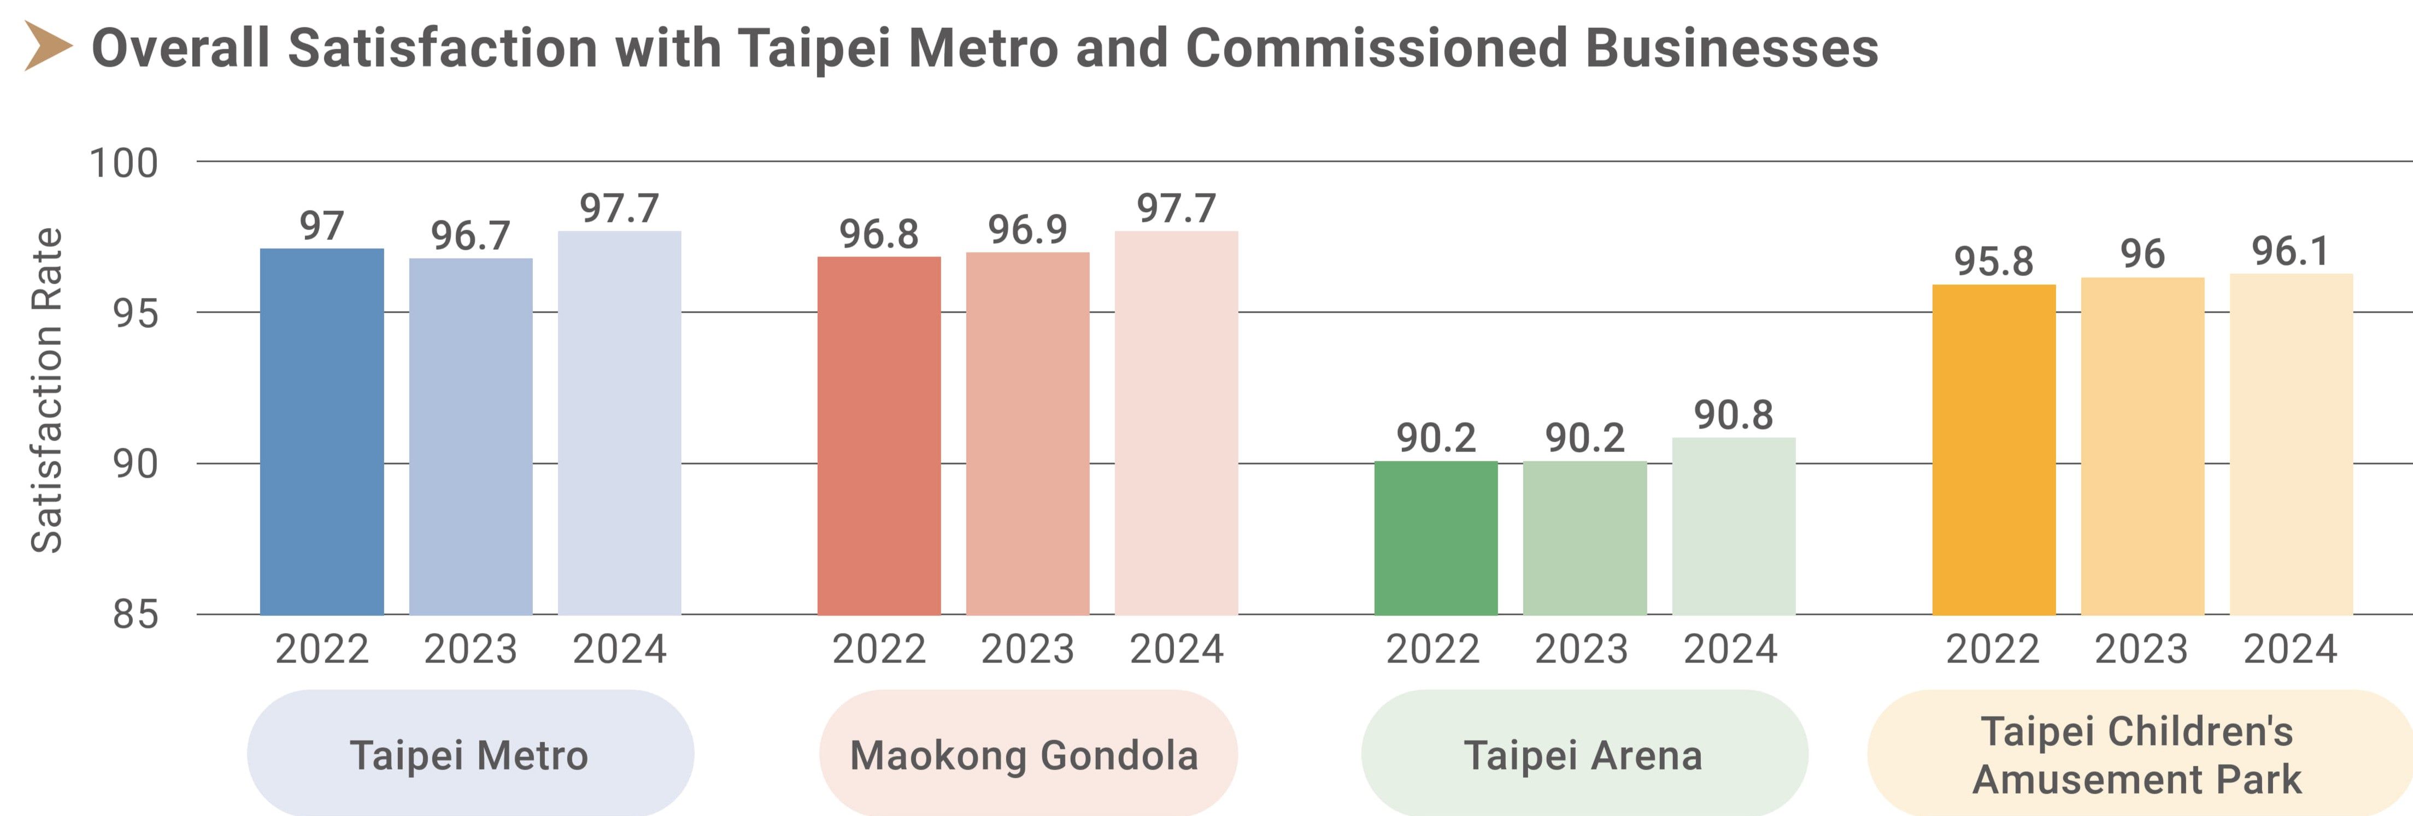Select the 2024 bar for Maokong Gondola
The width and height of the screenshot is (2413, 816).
click(x=1177, y=424)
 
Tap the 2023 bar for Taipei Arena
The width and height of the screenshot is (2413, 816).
click(x=1585, y=538)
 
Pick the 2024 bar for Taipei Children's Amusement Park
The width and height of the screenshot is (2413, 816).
click(x=2291, y=444)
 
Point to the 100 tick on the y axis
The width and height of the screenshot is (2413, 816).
click(x=124, y=163)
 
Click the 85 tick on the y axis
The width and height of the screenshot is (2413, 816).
click(x=136, y=614)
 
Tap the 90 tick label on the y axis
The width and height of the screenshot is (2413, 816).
click(x=136, y=463)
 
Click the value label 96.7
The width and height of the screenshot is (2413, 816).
click(x=470, y=235)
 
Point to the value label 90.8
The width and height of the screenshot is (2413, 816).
click(x=1734, y=415)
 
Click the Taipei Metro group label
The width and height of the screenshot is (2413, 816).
click(x=469, y=755)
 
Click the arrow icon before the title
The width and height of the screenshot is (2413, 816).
click(x=48, y=47)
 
